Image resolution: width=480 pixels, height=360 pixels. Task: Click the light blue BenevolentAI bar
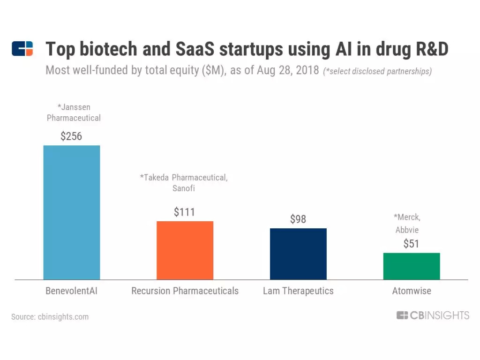tap(71, 212)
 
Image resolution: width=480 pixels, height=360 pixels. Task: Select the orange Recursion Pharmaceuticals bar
tap(185, 250)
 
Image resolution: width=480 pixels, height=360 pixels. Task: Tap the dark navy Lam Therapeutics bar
tap(298, 254)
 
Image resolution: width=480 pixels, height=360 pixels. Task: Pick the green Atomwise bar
tap(412, 266)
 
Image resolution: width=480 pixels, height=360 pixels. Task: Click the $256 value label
tap(71, 136)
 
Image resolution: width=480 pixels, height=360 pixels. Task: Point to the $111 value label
tap(185, 212)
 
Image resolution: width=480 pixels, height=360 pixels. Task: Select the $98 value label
tap(298, 219)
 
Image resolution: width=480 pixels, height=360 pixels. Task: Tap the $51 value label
tap(412, 244)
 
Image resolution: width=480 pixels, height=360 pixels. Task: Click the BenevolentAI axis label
tap(71, 291)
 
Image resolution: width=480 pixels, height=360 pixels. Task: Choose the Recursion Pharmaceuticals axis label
tap(185, 291)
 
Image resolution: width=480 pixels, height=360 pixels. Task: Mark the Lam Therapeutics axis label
tap(298, 291)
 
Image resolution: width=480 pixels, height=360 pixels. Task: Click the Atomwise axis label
tap(412, 291)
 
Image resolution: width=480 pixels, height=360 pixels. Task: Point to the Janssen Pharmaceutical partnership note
tap(74, 112)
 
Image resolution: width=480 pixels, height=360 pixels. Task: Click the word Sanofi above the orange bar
tap(184, 188)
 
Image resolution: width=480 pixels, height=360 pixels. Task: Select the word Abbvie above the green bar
tap(406, 230)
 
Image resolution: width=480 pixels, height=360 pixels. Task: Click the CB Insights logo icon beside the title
tap(22, 49)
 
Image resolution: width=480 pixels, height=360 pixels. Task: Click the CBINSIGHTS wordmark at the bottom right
tap(433, 315)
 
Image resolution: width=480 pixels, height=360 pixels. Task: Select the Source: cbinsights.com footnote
tap(50, 317)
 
